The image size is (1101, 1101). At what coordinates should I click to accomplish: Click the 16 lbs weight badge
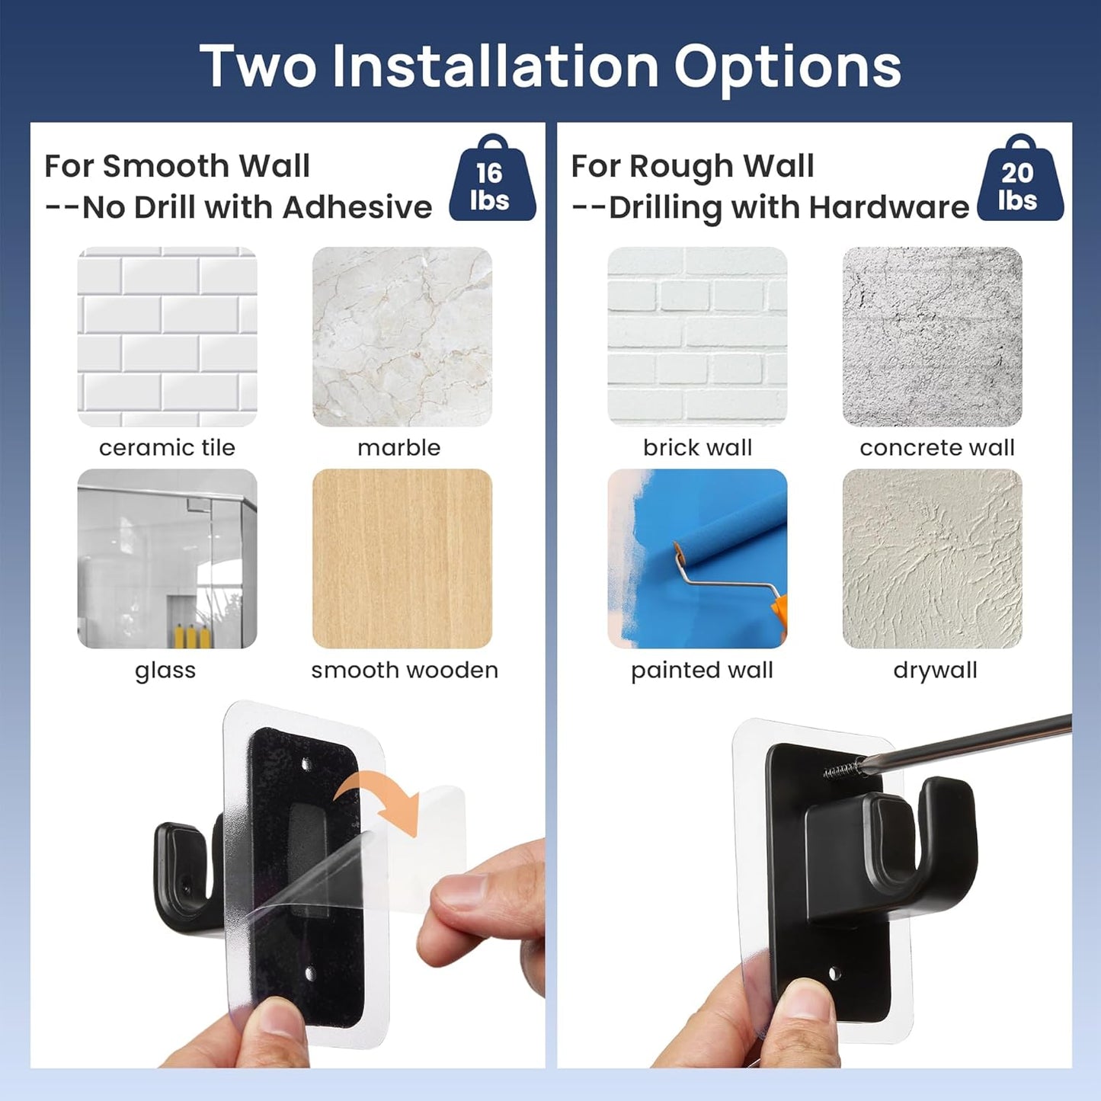[x=491, y=183]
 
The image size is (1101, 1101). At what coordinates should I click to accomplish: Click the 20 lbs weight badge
[x=1019, y=183]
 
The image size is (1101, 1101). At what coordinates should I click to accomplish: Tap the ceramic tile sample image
[x=167, y=336]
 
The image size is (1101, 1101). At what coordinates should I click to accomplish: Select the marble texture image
[x=402, y=336]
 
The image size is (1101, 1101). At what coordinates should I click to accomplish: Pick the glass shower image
[x=167, y=559]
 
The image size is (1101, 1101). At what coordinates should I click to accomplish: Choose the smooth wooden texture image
[x=402, y=559]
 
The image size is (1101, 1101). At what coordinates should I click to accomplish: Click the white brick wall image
[x=696, y=336]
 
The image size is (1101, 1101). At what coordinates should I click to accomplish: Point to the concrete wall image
[x=932, y=336]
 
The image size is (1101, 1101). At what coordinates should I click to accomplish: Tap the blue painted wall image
[x=696, y=559]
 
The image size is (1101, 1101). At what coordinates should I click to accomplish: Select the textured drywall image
[x=932, y=559]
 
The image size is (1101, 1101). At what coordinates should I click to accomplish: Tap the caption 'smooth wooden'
[x=404, y=671]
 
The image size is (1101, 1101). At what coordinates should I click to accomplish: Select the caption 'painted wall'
[x=702, y=671]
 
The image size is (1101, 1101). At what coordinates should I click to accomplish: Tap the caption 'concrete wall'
[x=936, y=448]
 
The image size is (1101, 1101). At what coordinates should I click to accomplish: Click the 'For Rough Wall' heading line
[x=693, y=166]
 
